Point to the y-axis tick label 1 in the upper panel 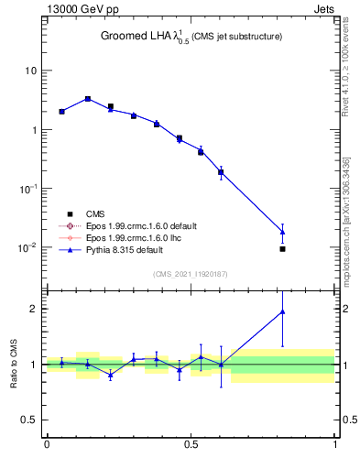tap(34, 130)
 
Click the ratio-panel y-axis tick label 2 tap(34, 309)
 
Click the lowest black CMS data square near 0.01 tap(282, 249)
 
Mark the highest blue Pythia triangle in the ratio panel tap(282, 311)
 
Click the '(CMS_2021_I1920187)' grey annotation tap(191, 273)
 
